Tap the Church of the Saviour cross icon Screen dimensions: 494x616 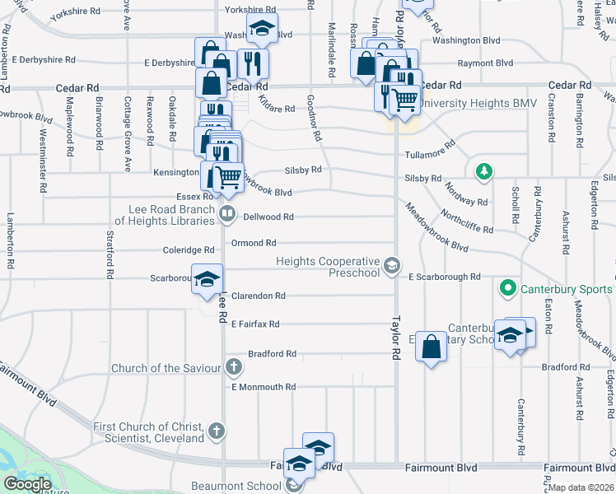point(234,366)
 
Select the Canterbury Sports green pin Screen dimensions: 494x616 point(507,289)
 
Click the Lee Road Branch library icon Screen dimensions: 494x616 point(227,215)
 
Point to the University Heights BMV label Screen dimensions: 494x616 point(466,104)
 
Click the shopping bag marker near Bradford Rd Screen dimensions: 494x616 point(432,346)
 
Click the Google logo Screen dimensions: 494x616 point(27,484)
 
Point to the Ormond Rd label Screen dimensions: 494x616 point(253,243)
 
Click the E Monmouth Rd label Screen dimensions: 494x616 point(263,387)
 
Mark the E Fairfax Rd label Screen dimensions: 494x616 point(255,324)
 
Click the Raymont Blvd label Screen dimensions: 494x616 point(485,63)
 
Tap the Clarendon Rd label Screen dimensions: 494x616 point(258,296)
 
